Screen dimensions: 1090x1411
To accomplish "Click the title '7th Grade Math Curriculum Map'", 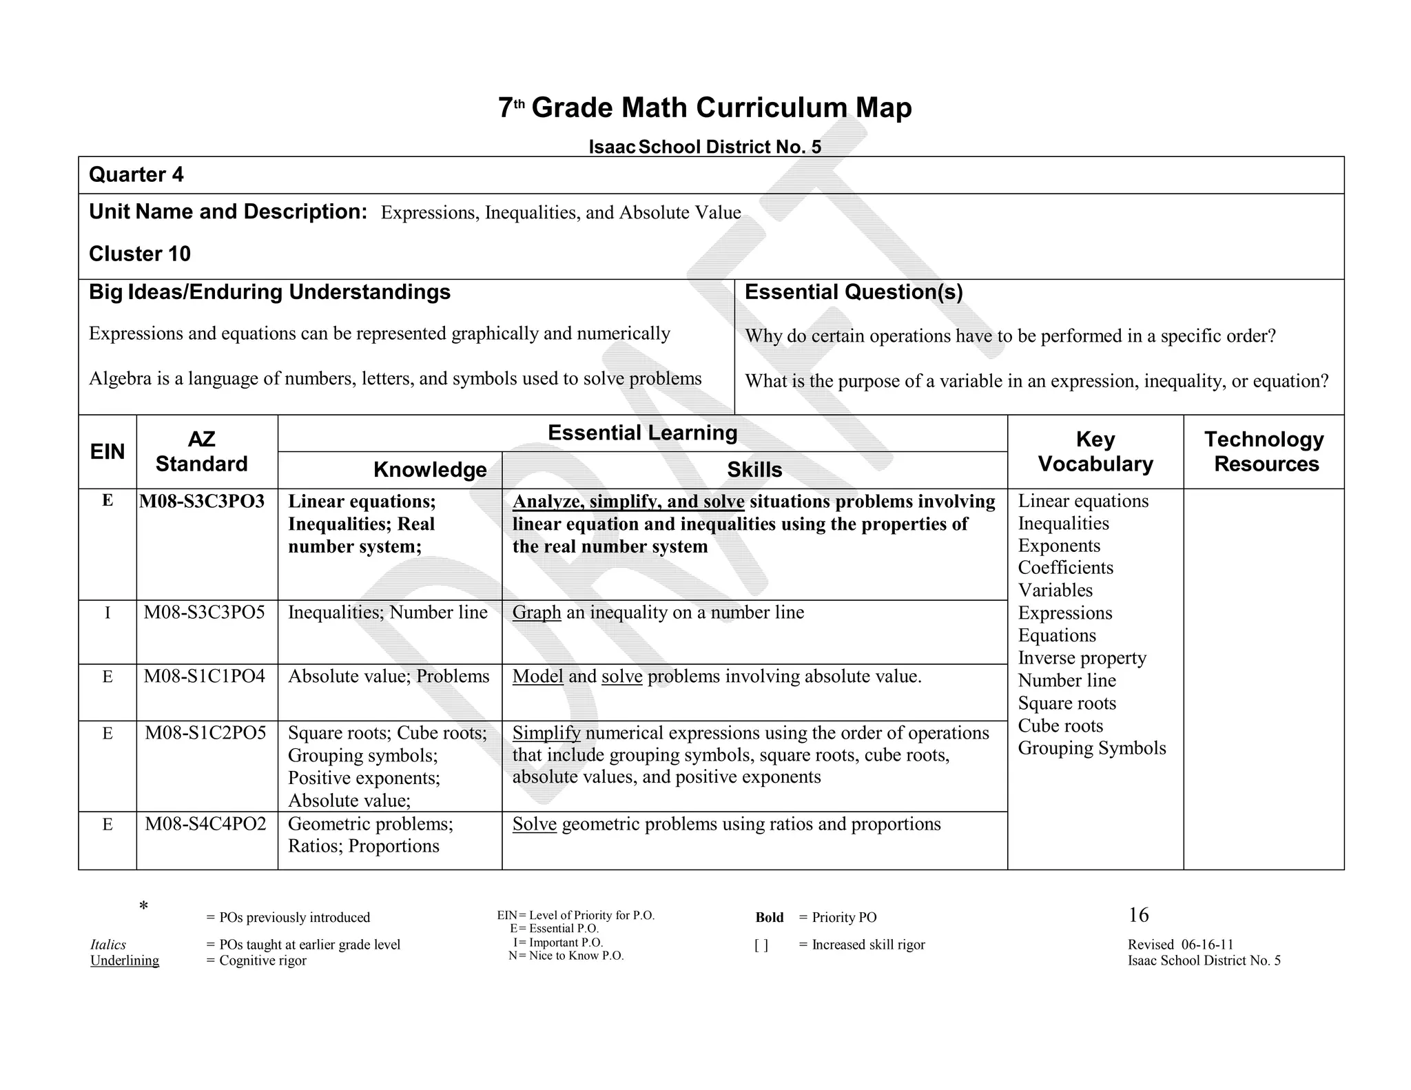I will pos(705,108).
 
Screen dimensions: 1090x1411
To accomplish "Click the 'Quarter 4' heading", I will pos(136,175).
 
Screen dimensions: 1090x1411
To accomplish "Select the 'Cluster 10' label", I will pos(140,254).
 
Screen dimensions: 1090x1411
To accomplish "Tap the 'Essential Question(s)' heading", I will pos(854,292).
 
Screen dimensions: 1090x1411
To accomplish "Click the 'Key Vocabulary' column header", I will pos(1095,451).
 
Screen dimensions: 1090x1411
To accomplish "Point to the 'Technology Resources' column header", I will pos(1265,451).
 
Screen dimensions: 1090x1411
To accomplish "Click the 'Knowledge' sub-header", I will pos(430,470).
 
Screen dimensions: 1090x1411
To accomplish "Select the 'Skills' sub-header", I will pos(754,470).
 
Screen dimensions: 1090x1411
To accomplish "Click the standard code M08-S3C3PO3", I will pos(202,502).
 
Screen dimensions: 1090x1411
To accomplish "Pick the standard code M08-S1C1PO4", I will pos(205,677).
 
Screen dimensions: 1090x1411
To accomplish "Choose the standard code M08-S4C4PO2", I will pos(205,824).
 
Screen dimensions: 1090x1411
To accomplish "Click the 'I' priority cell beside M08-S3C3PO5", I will pos(107,613).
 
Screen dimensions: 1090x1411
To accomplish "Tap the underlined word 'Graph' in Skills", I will pos(537,613).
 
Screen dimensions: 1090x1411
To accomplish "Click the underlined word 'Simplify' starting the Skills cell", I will pos(546,733).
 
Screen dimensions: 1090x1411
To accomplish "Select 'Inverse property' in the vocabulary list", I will pos(1082,658).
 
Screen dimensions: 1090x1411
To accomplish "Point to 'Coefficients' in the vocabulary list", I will pos(1065,568).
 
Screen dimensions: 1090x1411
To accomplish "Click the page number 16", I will pos(1138,915).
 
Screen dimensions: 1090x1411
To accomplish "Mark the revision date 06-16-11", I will pos(1207,945).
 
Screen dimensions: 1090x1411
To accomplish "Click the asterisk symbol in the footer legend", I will pos(143,906).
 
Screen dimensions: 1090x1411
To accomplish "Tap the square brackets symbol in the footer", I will pos(761,945).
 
